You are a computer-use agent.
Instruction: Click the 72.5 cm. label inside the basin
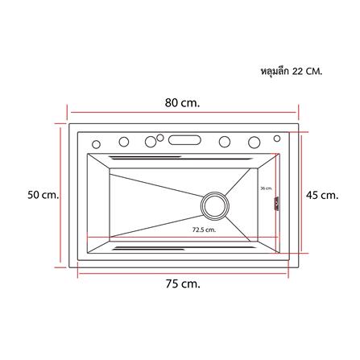(204, 230)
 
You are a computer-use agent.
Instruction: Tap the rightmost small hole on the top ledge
(255, 142)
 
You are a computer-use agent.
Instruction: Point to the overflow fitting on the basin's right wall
(275, 206)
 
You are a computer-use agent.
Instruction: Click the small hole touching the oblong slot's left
(160, 136)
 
